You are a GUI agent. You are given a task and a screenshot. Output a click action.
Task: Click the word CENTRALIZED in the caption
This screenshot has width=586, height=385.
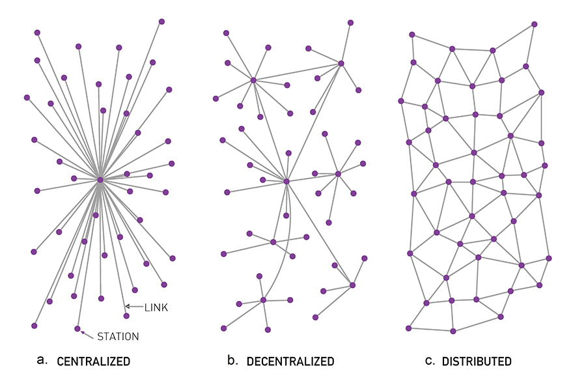tap(93, 361)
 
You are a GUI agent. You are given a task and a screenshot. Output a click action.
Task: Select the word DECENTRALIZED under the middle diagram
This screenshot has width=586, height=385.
tap(290, 361)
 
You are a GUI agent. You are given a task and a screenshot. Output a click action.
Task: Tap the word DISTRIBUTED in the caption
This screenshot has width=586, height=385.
tap(477, 361)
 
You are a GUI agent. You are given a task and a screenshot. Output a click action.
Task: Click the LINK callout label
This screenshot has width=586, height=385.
tap(156, 307)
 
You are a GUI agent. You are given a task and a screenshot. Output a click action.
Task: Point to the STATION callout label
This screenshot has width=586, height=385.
tap(118, 337)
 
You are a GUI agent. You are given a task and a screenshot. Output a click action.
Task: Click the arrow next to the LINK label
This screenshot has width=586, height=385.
tap(133, 306)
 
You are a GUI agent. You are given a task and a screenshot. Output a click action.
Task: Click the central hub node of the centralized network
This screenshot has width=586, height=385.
tap(100, 179)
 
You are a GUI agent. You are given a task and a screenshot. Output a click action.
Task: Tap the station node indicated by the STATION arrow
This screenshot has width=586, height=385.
tap(77, 328)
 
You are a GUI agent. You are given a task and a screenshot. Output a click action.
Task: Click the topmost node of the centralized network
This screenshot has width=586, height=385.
tap(161, 21)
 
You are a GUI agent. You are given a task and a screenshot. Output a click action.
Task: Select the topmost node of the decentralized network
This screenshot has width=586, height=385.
tap(350, 22)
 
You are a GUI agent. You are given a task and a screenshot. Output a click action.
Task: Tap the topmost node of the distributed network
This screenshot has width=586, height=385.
tap(535, 24)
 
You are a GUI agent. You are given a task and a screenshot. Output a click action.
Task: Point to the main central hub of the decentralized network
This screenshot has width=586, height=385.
tap(286, 180)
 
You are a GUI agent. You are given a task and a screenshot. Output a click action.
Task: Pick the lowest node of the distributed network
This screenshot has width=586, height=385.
tap(453, 331)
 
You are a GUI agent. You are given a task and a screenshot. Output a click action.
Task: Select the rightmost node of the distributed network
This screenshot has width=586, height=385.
tap(549, 258)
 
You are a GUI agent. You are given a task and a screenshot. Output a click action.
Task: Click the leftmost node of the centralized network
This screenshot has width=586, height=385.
tap(27, 98)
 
